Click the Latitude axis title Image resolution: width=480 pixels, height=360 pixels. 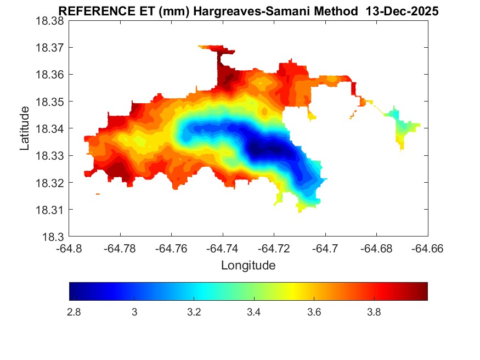pyautogui.click(x=25, y=128)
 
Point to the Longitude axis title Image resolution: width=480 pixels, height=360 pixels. pyautogui.click(x=248, y=266)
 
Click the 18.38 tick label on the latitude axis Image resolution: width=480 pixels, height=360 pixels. pyautogui.click(x=50, y=20)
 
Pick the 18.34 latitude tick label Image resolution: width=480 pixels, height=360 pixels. pyautogui.click(x=50, y=128)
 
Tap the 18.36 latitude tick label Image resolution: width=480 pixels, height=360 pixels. pyautogui.click(x=50, y=75)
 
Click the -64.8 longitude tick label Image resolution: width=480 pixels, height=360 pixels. pyautogui.click(x=70, y=248)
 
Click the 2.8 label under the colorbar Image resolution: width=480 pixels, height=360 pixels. pyautogui.click(x=74, y=312)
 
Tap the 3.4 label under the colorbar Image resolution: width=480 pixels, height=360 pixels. pyautogui.click(x=253, y=312)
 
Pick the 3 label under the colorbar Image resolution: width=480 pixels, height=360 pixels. pyautogui.click(x=134, y=312)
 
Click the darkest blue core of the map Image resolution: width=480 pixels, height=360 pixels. pyautogui.click(x=262, y=148)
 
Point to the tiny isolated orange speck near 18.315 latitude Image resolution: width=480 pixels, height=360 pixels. pyautogui.click(x=98, y=194)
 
